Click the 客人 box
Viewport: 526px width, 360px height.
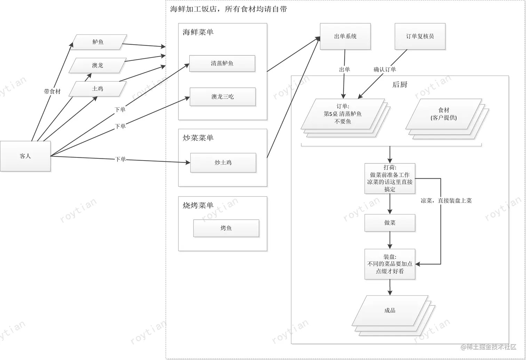click(25, 156)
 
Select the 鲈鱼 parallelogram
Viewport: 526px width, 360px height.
click(98, 42)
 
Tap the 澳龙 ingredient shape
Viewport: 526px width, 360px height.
click(97, 65)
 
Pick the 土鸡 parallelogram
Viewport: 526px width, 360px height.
click(97, 89)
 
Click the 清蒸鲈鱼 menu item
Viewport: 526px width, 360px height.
click(222, 63)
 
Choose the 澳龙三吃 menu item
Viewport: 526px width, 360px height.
click(223, 97)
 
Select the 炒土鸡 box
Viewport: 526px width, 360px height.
click(223, 163)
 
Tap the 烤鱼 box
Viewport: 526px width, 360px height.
click(226, 228)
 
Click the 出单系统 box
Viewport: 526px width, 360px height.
click(345, 36)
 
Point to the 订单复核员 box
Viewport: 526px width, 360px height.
click(420, 36)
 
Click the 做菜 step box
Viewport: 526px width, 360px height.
click(390, 223)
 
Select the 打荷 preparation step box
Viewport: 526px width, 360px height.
click(390, 178)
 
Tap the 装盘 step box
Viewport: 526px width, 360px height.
click(390, 264)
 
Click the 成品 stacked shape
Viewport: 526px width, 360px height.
click(390, 311)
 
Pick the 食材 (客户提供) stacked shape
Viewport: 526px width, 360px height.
click(444, 114)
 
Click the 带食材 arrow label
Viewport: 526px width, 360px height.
click(52, 92)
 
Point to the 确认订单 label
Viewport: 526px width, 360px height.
click(385, 70)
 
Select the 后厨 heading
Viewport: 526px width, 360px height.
click(400, 85)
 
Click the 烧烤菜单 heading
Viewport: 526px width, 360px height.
click(198, 205)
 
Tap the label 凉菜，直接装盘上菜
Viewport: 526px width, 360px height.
click(446, 201)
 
